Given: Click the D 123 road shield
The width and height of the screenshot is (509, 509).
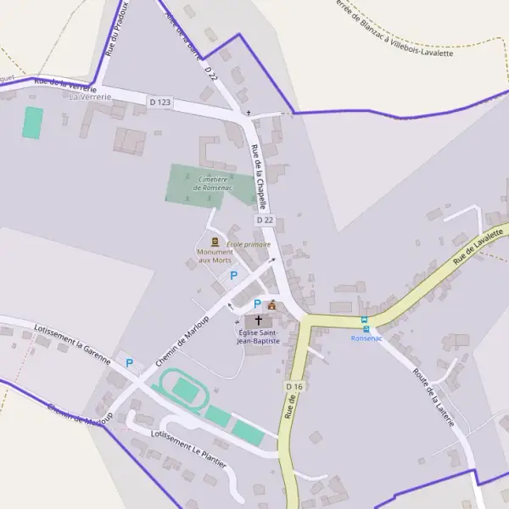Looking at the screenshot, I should (159, 103).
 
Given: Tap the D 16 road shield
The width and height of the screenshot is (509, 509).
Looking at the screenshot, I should (294, 387).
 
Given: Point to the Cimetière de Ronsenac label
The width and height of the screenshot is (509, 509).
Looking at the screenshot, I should (212, 183).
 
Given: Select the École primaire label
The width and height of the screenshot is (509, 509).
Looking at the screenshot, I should (249, 244).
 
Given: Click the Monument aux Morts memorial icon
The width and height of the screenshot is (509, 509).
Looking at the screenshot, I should (215, 242).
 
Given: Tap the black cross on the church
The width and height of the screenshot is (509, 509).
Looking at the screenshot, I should (259, 320).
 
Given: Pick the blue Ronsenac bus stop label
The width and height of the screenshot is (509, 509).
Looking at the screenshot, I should (366, 338).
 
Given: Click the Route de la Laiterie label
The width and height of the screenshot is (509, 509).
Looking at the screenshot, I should (433, 396).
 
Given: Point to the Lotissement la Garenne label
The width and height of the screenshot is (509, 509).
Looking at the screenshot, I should (72, 343).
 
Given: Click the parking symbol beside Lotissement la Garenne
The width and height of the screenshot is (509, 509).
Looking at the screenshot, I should (130, 363).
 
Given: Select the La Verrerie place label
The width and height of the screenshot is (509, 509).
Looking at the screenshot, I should (91, 97).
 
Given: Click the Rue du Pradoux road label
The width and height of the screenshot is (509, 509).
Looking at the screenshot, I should (118, 29).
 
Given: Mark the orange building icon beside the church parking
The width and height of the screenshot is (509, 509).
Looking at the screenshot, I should (271, 305).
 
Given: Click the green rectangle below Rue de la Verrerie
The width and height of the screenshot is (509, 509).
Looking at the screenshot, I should (32, 123).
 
